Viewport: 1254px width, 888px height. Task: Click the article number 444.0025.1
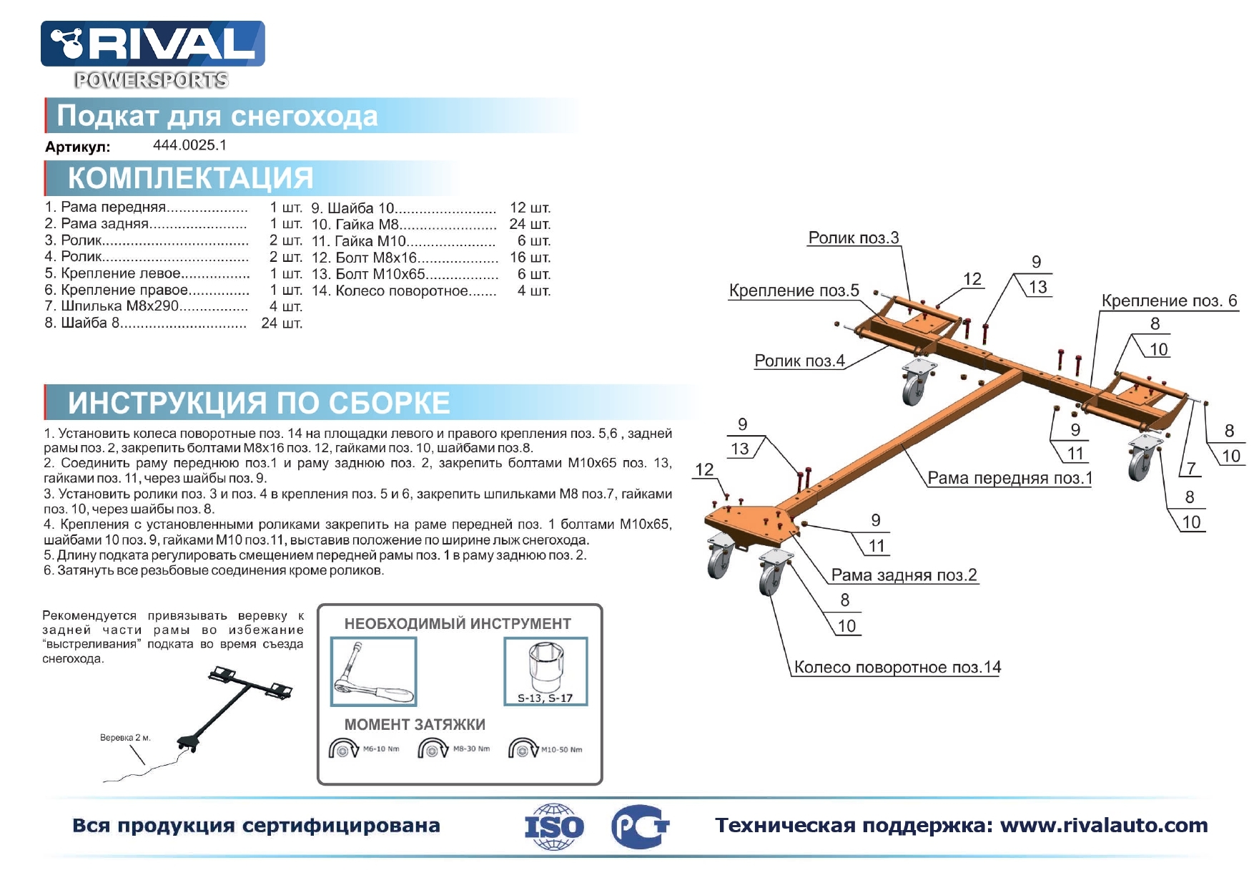click(x=189, y=145)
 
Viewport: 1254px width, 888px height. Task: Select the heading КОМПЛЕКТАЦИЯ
click(x=191, y=178)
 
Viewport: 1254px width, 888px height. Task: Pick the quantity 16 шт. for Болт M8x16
click(x=530, y=258)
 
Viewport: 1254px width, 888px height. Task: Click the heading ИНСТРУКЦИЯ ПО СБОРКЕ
click(x=259, y=404)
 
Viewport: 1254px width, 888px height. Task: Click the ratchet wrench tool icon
click(x=373, y=672)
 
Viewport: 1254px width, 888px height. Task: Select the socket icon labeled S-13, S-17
click(x=545, y=671)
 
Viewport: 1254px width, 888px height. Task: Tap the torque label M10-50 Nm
click(x=561, y=750)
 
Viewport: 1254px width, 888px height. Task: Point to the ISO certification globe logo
click(x=554, y=826)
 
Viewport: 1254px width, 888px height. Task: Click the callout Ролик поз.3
click(x=854, y=238)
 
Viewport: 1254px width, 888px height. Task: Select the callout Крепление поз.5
click(x=794, y=291)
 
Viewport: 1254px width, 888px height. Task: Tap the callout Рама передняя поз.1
click(x=1009, y=478)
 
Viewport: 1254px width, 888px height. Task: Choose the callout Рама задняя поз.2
click(x=904, y=575)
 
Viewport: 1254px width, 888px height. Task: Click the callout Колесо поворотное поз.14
click(x=897, y=668)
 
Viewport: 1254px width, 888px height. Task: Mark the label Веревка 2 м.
click(x=125, y=738)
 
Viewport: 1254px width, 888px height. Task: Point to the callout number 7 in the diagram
click(x=1191, y=469)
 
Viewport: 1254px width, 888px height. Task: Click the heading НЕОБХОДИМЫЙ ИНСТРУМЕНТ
click(x=458, y=624)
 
